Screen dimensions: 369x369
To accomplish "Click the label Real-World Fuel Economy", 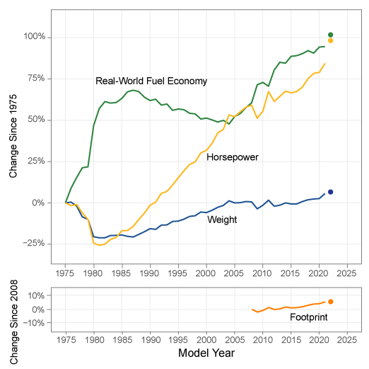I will click(151, 81).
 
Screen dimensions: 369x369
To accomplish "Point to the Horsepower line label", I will click(232, 157).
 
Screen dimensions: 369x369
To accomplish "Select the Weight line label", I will click(221, 220).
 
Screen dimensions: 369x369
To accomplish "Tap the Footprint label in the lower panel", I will click(310, 318).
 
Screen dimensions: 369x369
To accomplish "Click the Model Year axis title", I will click(206, 353).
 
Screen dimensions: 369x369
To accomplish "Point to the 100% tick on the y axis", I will click(35, 37).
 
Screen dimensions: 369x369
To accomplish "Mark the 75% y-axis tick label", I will click(37, 79).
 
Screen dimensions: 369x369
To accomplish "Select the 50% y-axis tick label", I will click(37, 120).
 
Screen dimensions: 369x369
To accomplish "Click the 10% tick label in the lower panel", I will click(37, 295).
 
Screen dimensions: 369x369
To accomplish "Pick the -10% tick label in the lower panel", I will click(35, 323).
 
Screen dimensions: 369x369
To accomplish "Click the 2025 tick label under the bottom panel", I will click(347, 339).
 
